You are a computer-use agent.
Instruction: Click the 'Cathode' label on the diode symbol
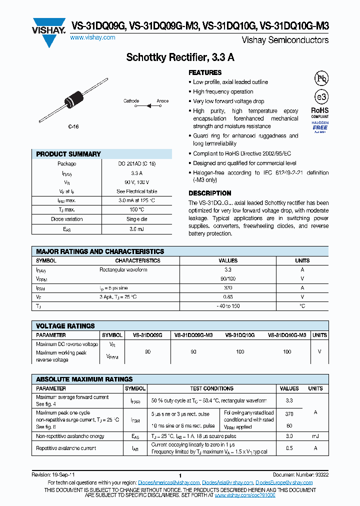[131, 101]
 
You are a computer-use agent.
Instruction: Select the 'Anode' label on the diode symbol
[162, 101]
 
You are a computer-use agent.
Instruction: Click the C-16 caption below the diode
[73, 127]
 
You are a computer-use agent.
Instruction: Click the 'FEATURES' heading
[205, 72]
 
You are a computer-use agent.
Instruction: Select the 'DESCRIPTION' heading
[209, 193]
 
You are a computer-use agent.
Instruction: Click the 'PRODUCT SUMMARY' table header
[68, 154]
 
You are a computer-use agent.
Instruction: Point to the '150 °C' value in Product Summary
[136, 209]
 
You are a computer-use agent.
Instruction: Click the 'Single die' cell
[136, 219]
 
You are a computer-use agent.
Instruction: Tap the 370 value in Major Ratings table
[228, 288]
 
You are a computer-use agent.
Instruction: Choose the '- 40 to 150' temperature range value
[228, 305]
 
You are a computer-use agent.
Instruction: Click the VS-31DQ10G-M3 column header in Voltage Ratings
[287, 335]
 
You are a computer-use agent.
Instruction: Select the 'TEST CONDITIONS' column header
[211, 388]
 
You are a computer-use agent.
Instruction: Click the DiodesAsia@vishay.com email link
[227, 482]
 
